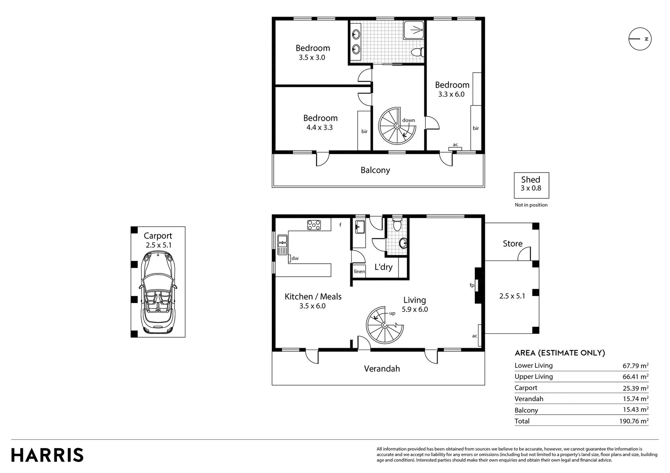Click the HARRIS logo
coord(47,455)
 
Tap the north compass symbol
coord(640,39)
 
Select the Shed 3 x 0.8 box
coord(531,184)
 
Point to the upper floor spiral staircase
coord(397,126)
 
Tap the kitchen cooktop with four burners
coord(314,225)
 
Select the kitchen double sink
coord(282,245)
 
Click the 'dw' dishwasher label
coord(295,258)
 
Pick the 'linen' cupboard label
coord(359,272)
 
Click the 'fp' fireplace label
coord(472,286)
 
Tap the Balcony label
coord(375,170)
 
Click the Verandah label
coord(382,369)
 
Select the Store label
coord(512,244)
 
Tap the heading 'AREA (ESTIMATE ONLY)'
coord(560,353)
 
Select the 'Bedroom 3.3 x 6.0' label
coord(452,89)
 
